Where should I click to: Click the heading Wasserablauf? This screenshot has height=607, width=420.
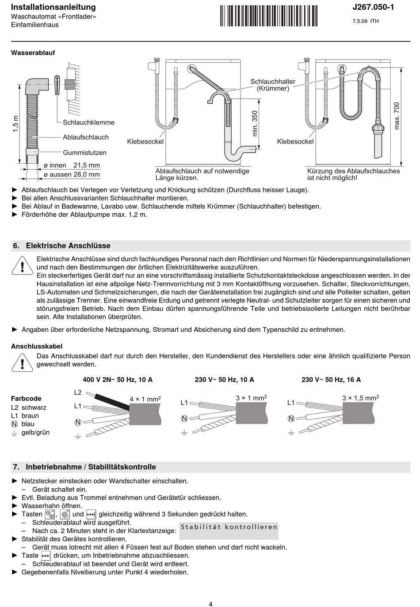(x=33, y=53)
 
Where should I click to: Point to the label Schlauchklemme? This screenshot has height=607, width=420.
(x=88, y=122)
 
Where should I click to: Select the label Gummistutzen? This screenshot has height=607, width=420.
(x=84, y=152)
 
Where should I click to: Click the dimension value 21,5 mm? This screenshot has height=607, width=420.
(x=87, y=165)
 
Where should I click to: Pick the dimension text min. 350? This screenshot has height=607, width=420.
(x=255, y=123)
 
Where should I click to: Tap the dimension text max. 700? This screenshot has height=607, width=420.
(x=397, y=116)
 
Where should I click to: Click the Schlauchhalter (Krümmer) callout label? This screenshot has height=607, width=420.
(x=273, y=85)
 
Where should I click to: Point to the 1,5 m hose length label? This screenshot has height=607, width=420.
(x=16, y=124)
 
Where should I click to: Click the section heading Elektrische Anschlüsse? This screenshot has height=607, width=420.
(x=68, y=246)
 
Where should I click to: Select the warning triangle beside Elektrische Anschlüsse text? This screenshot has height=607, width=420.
(x=22, y=267)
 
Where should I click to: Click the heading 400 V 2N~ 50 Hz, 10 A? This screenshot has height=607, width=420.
(x=118, y=380)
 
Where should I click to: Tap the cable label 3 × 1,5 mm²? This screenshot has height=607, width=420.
(x=360, y=398)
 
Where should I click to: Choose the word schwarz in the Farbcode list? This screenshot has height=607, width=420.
(x=34, y=407)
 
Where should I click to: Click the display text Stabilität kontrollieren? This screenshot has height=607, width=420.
(x=229, y=527)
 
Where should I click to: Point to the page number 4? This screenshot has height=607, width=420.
(x=210, y=604)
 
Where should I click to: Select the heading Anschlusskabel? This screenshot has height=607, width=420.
(x=37, y=347)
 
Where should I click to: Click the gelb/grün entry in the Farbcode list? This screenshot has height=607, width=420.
(x=35, y=433)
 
